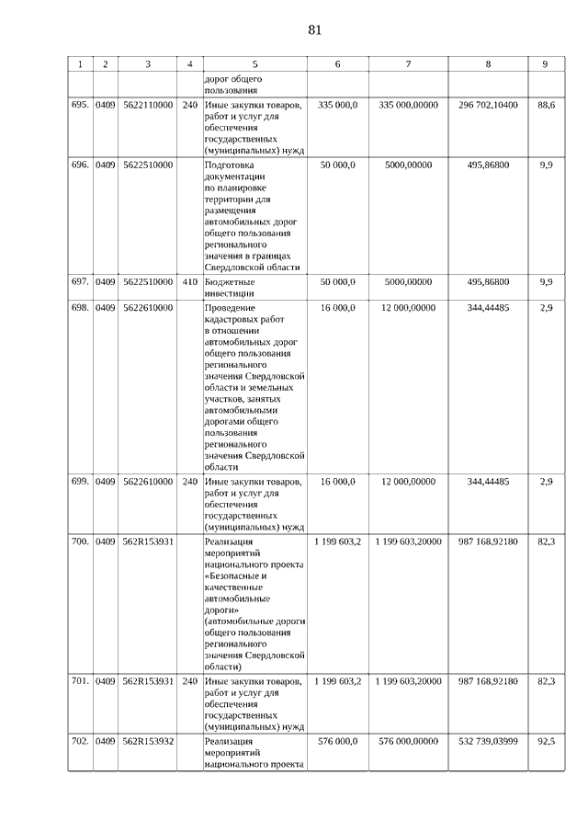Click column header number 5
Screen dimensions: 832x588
click(254, 63)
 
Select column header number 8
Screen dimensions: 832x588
click(488, 63)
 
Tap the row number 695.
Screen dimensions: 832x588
click(80, 105)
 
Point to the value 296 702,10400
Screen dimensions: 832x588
click(488, 105)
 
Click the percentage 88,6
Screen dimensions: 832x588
click(546, 105)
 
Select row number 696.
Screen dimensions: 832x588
click(80, 165)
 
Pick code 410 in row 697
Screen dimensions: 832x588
click(189, 282)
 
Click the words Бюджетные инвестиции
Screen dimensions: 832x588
click(230, 288)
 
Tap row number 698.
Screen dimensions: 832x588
click(80, 308)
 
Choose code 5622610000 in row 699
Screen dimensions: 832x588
click(148, 481)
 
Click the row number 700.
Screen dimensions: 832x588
click(80, 541)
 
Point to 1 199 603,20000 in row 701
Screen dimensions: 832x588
click(408, 681)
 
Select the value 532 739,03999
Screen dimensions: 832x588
click(488, 741)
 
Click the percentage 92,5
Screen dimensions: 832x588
click(546, 741)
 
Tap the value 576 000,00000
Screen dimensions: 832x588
click(408, 741)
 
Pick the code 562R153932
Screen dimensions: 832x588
click(148, 741)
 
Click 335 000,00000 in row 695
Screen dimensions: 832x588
click(408, 105)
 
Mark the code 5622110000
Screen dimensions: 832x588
click(148, 105)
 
